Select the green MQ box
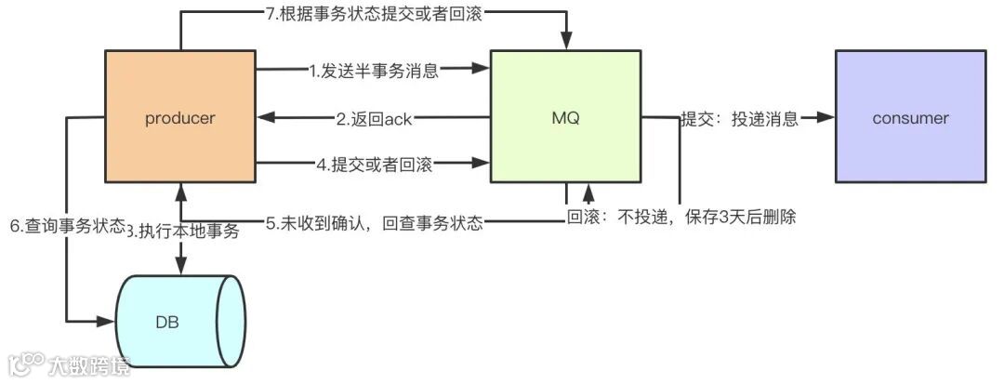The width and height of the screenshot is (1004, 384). click(565, 117)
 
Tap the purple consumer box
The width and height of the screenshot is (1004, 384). click(910, 117)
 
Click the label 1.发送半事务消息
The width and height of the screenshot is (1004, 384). click(374, 70)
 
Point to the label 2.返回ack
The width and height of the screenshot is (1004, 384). click(374, 118)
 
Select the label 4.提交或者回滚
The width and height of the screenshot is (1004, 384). click(374, 165)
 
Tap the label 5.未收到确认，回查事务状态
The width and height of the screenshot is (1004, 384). click(376, 224)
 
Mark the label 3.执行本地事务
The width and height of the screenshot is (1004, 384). click(183, 232)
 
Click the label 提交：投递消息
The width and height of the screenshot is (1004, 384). click(739, 119)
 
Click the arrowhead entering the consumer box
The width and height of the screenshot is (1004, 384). click(826, 118)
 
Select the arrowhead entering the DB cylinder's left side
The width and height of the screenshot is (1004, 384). click(106, 322)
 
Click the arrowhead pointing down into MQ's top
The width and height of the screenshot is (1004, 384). click(566, 44)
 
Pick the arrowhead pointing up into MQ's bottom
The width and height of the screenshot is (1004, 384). click(588, 191)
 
